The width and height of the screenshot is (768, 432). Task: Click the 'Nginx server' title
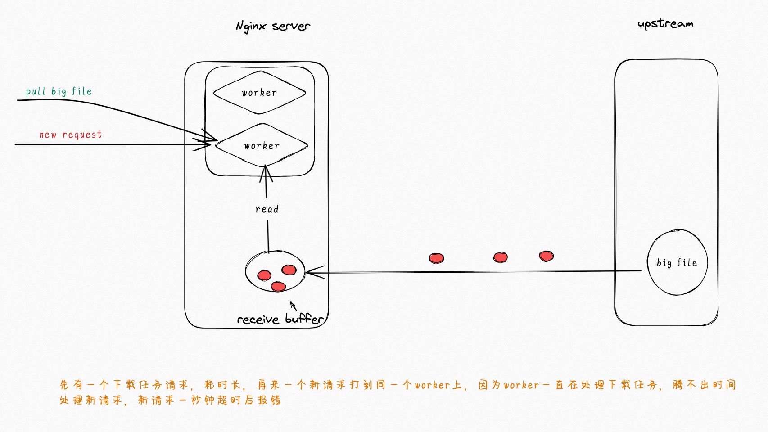click(273, 27)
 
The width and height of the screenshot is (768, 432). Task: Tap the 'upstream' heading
click(665, 23)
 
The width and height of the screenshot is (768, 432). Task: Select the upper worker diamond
click(259, 93)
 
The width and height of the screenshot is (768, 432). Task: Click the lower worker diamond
click(262, 146)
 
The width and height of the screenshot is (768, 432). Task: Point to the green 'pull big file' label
click(59, 91)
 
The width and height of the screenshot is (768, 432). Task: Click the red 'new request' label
click(70, 135)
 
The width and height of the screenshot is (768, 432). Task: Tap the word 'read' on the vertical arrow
click(267, 209)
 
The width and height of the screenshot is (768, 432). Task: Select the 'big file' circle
click(677, 262)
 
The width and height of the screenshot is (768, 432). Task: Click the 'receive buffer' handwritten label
click(280, 319)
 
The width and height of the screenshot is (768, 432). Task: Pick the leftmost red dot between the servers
click(436, 258)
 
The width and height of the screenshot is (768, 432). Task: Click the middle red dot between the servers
click(500, 257)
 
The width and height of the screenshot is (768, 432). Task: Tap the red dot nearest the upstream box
click(546, 256)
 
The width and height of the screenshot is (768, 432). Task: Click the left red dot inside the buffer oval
click(264, 275)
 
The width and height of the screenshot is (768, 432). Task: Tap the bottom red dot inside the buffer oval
click(278, 286)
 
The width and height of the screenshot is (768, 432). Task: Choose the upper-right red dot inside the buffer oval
click(289, 270)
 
